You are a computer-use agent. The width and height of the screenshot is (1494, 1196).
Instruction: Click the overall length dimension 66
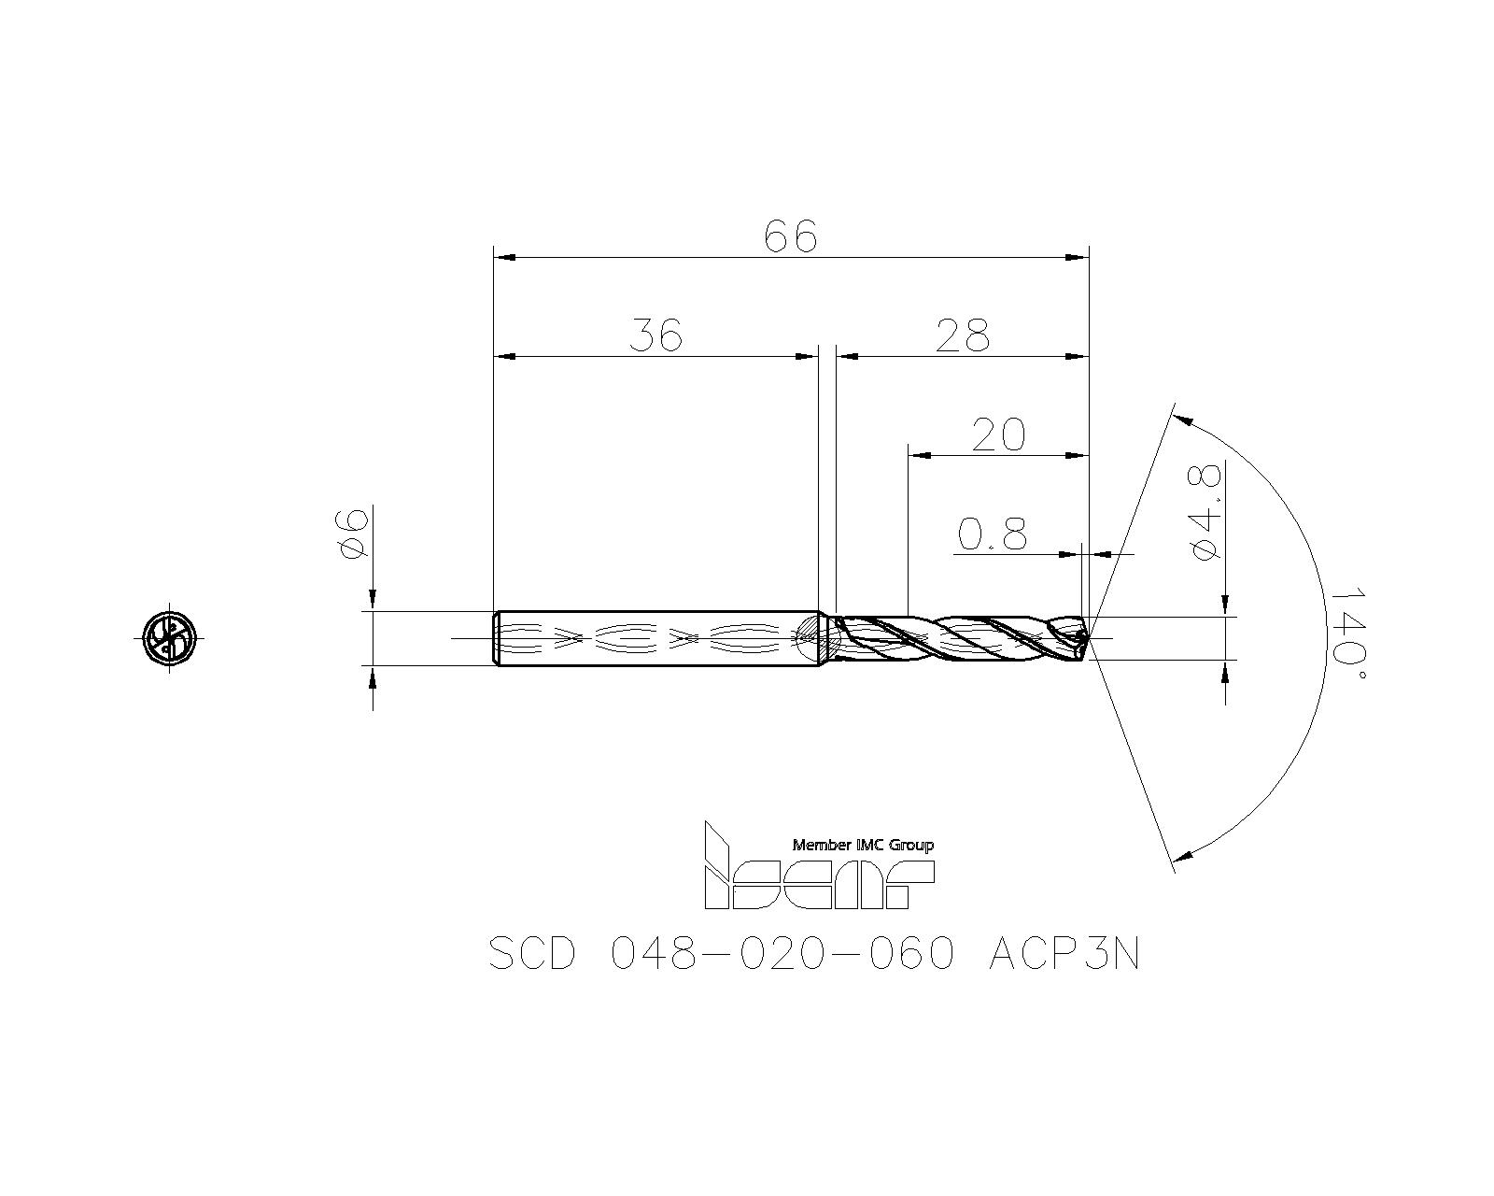791,237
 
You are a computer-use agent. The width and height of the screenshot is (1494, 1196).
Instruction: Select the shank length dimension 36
656,335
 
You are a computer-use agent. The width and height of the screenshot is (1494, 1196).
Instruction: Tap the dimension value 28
962,335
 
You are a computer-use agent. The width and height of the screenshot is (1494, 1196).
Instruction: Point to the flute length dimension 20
998,434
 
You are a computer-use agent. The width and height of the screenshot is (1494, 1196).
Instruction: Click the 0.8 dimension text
992,534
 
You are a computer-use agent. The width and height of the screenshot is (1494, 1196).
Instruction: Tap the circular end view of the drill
170,636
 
